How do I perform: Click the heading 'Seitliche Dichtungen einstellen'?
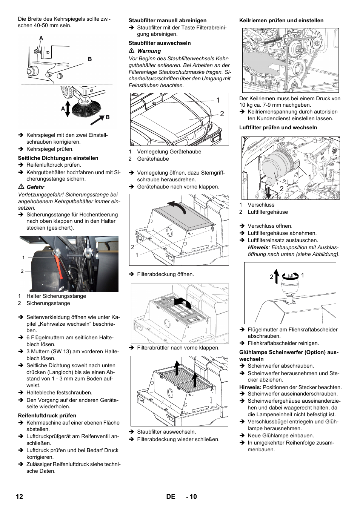coord(58,158)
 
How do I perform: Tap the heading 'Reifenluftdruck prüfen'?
coord(47,415)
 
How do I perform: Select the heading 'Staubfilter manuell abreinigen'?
coord(168,20)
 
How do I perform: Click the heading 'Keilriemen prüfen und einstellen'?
coord(281,20)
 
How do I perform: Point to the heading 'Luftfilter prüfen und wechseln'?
coord(278,127)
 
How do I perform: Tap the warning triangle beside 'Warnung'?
coord(132,51)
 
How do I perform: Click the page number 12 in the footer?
coord(20,497)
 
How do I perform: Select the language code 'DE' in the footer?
coord(171,497)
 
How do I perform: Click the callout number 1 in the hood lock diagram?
coord(218,100)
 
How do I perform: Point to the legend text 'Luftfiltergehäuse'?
coord(268,212)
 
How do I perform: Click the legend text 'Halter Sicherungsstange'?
coord(56,296)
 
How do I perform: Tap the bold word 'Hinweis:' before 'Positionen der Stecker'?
coord(250,387)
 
